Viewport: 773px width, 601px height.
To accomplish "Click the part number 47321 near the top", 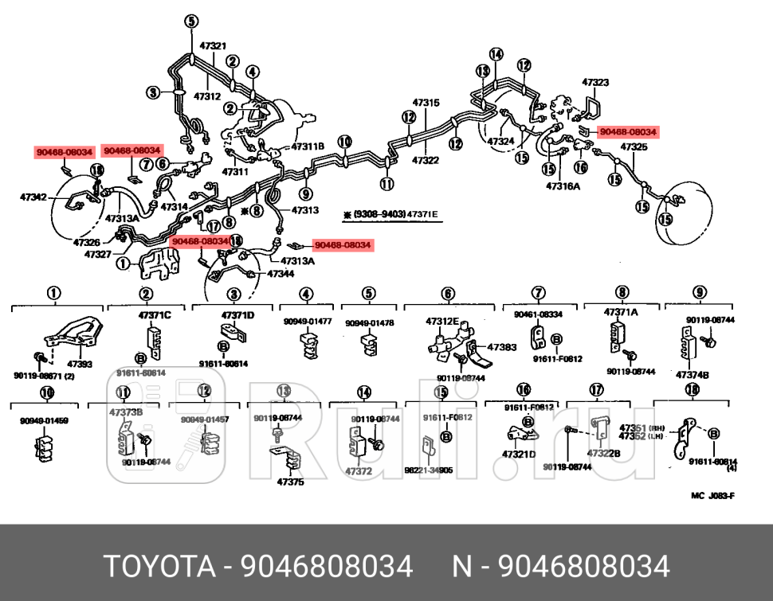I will (213, 46).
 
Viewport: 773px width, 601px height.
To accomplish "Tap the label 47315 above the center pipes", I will (426, 103).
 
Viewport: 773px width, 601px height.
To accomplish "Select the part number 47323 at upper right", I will (595, 82).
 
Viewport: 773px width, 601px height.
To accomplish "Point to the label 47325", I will (634, 147).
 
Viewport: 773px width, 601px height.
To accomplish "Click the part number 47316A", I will (563, 186).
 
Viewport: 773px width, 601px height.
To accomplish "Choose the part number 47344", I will (281, 273).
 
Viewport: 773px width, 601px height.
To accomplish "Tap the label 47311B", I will (308, 146).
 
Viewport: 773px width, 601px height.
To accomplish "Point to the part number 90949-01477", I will (308, 322).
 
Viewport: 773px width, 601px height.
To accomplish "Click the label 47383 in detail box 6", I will (501, 347).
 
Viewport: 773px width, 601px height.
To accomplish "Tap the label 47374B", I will (692, 374).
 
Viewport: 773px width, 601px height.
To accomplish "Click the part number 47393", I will (79, 364).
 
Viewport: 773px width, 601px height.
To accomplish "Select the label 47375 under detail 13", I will (290, 482).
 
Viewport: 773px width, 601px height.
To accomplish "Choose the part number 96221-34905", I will (428, 470).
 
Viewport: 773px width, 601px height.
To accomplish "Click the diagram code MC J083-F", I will (712, 495).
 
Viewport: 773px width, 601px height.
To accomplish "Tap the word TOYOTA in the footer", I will (159, 567).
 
